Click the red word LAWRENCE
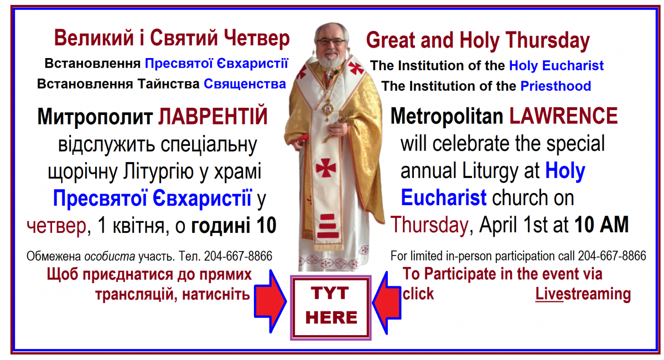(x=563, y=116)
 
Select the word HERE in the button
(x=331, y=317)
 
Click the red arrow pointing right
(x=270, y=301)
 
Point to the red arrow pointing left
(x=387, y=303)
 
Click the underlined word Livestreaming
(x=583, y=294)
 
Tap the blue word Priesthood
(x=556, y=86)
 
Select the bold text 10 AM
(x=601, y=225)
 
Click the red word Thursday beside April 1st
(x=429, y=226)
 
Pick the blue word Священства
(x=245, y=84)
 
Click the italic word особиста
(x=110, y=256)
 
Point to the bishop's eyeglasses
(x=330, y=41)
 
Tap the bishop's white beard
(x=331, y=61)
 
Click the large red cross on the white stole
(x=325, y=168)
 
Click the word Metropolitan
(x=447, y=117)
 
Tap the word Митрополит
(x=95, y=117)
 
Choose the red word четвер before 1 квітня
(x=56, y=226)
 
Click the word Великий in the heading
(x=94, y=38)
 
